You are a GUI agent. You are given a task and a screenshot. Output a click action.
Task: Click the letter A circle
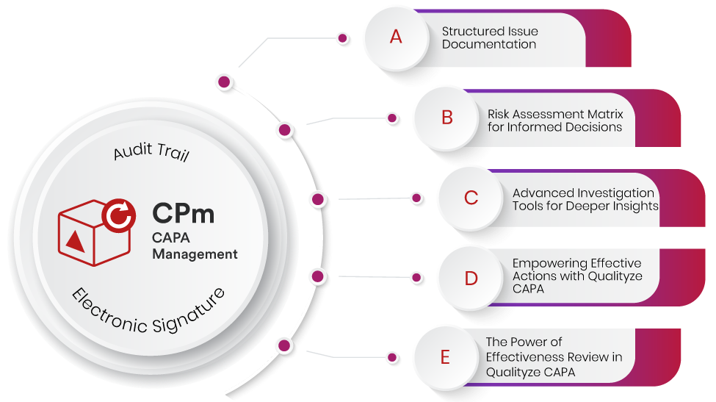pos(396,37)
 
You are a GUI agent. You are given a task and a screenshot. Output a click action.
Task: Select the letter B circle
pos(446,118)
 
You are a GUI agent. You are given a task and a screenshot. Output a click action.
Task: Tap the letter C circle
pos(471,198)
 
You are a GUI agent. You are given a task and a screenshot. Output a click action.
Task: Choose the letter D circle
pos(471,279)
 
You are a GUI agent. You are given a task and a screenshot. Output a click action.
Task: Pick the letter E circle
pos(445,358)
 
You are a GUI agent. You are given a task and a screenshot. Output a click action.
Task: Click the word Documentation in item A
pos(488,44)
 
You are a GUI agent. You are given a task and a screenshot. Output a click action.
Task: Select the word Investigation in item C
pos(614,193)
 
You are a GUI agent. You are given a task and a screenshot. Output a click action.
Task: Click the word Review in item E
pos(587,357)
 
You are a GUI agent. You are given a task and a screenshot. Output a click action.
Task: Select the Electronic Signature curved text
pos(148,312)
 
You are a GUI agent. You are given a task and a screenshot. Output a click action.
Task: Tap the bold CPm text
pos(184,213)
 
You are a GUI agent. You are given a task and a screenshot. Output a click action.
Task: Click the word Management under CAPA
pos(195,254)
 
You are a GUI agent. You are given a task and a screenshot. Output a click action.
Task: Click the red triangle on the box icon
pos(75,240)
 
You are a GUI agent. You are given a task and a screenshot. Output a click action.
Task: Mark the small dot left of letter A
pos(341,37)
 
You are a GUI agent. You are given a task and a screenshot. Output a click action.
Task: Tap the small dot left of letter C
pos(416,198)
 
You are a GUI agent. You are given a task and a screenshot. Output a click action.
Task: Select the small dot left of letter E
pos(392,358)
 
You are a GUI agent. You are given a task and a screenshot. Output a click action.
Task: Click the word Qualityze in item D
pos(614,276)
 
